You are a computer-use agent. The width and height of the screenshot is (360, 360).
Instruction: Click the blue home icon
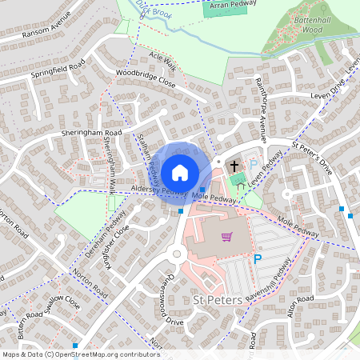pos(180,173)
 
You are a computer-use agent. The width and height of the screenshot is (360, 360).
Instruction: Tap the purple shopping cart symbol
pos(227,236)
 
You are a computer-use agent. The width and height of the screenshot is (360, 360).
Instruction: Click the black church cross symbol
pos(234,167)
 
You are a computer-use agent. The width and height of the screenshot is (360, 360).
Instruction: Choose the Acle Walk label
pos(162,62)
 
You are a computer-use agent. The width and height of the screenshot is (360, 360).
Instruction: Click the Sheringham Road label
pos(91,133)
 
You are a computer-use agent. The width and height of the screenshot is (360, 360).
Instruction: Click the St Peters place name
pos(218,299)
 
